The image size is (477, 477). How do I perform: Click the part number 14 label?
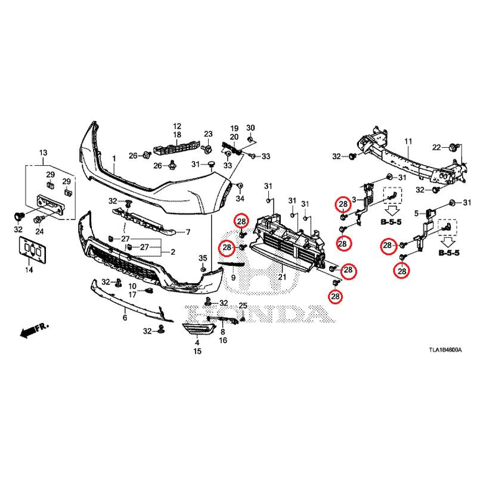point(29,270)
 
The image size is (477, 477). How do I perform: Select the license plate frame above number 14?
point(33,250)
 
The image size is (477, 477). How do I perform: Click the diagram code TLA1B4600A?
point(445,350)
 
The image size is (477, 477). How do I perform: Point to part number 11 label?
point(408,141)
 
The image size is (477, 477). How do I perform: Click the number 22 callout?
point(436,147)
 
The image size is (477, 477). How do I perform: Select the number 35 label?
point(203,258)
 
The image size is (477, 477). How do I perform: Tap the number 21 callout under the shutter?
point(282,277)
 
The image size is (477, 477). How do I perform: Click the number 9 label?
point(233,277)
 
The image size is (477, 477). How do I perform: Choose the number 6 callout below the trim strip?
point(125,318)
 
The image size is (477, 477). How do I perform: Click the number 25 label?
point(243,305)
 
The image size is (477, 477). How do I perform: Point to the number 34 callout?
point(240,199)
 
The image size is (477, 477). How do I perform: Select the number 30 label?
point(250,128)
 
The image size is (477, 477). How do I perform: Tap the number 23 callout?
point(208,134)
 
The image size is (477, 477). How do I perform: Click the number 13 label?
point(43,153)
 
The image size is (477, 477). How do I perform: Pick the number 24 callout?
point(39,231)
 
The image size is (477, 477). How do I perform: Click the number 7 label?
point(188,232)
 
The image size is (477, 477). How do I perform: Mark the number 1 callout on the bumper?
point(114,159)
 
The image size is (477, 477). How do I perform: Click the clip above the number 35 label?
point(203,270)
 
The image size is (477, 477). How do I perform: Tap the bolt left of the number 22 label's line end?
point(452,147)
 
